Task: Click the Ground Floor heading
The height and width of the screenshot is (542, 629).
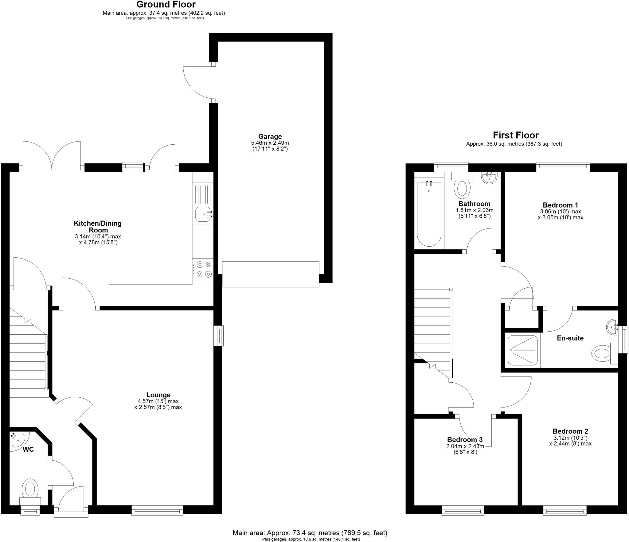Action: click(166, 5)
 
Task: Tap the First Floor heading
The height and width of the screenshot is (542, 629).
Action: click(516, 135)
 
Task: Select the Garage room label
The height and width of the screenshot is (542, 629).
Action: click(270, 136)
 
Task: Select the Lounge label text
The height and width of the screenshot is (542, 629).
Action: click(158, 395)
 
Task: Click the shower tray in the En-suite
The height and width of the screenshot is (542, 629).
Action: click(522, 350)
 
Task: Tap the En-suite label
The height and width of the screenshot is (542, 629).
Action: click(570, 338)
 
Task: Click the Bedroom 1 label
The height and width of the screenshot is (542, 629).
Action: click(561, 205)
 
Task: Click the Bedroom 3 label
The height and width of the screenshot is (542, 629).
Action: click(465, 439)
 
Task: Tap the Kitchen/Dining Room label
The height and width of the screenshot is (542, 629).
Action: click(98, 227)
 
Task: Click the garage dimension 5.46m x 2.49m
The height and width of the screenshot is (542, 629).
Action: click(270, 143)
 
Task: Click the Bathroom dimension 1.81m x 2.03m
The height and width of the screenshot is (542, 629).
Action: click(474, 210)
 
